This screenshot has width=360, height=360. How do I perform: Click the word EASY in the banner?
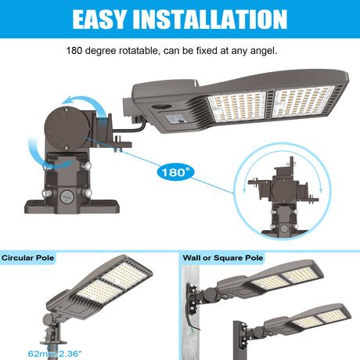tap(99, 19)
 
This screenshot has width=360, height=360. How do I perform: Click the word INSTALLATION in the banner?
tap(210, 19)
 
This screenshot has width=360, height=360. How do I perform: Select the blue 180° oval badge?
tap(176, 172)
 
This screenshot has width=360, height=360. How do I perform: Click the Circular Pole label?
tap(27, 258)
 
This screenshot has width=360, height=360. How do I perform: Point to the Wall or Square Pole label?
tap(223, 258)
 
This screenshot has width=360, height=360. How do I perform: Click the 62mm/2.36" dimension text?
tap(55, 354)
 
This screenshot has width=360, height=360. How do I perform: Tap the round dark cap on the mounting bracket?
tap(67, 129)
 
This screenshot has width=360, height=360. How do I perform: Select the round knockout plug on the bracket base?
tap(67, 196)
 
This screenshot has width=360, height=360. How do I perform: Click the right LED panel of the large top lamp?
tap(303, 101)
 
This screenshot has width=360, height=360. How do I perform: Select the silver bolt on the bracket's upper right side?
tap(86, 166)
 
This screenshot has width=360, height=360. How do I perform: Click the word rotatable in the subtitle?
tap(139, 51)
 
